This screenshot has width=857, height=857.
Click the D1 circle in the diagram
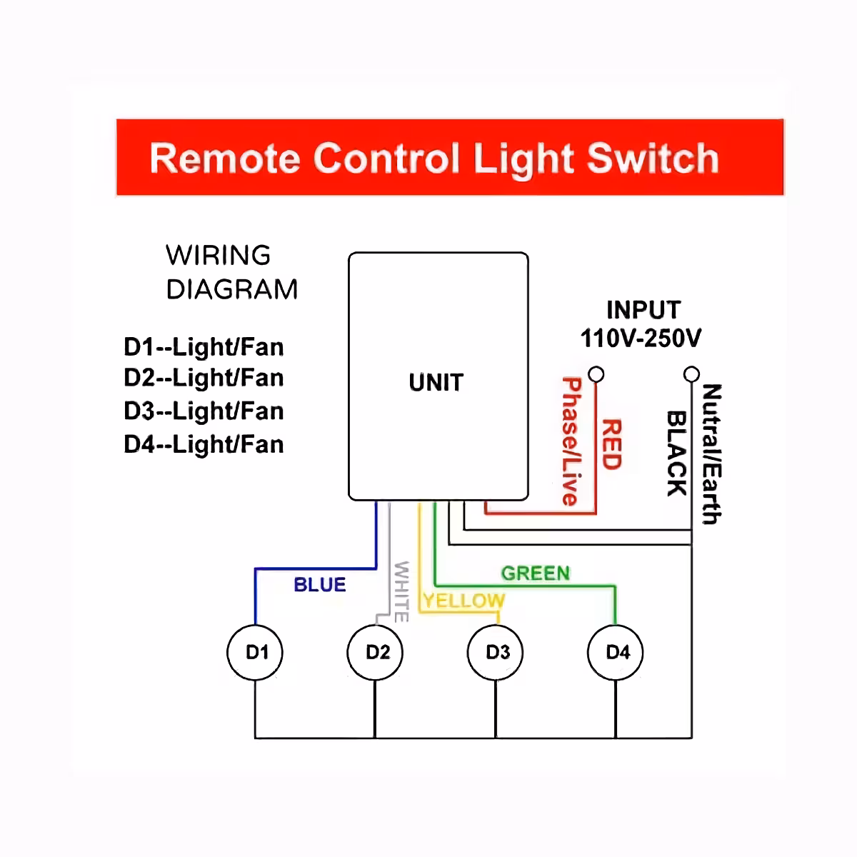click(255, 652)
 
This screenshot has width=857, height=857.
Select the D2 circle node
click(376, 652)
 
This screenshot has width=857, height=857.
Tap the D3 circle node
click(496, 652)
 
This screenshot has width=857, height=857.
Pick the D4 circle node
click(616, 652)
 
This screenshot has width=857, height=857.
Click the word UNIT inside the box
click(436, 383)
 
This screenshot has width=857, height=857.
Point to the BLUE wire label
click(319, 585)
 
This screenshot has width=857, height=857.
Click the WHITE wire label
click(401, 591)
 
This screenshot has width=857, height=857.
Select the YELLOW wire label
click(463, 601)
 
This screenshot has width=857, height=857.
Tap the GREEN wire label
click(535, 573)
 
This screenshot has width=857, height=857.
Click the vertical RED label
click(611, 444)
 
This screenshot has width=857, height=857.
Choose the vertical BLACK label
click(676, 453)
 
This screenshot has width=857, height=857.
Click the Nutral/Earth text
click(711, 454)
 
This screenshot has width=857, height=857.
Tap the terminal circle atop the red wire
click(596, 374)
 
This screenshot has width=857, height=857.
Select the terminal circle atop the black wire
click(691, 374)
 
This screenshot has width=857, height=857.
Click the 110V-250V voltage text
click(641, 338)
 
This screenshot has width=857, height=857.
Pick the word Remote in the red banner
click(225, 159)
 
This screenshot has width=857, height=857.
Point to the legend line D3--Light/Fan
click(204, 411)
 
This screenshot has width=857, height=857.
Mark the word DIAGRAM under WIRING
click(232, 290)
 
